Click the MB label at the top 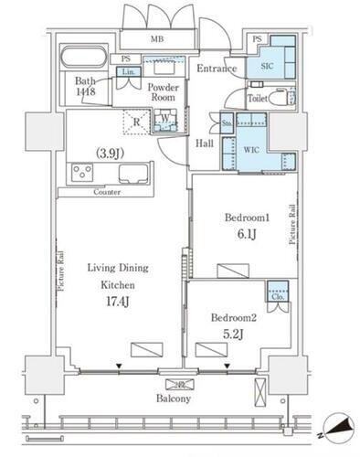point(158,40)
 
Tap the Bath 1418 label point(87,86)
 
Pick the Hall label point(205,143)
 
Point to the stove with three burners point(79,174)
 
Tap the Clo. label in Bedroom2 point(277,295)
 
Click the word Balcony point(172,399)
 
